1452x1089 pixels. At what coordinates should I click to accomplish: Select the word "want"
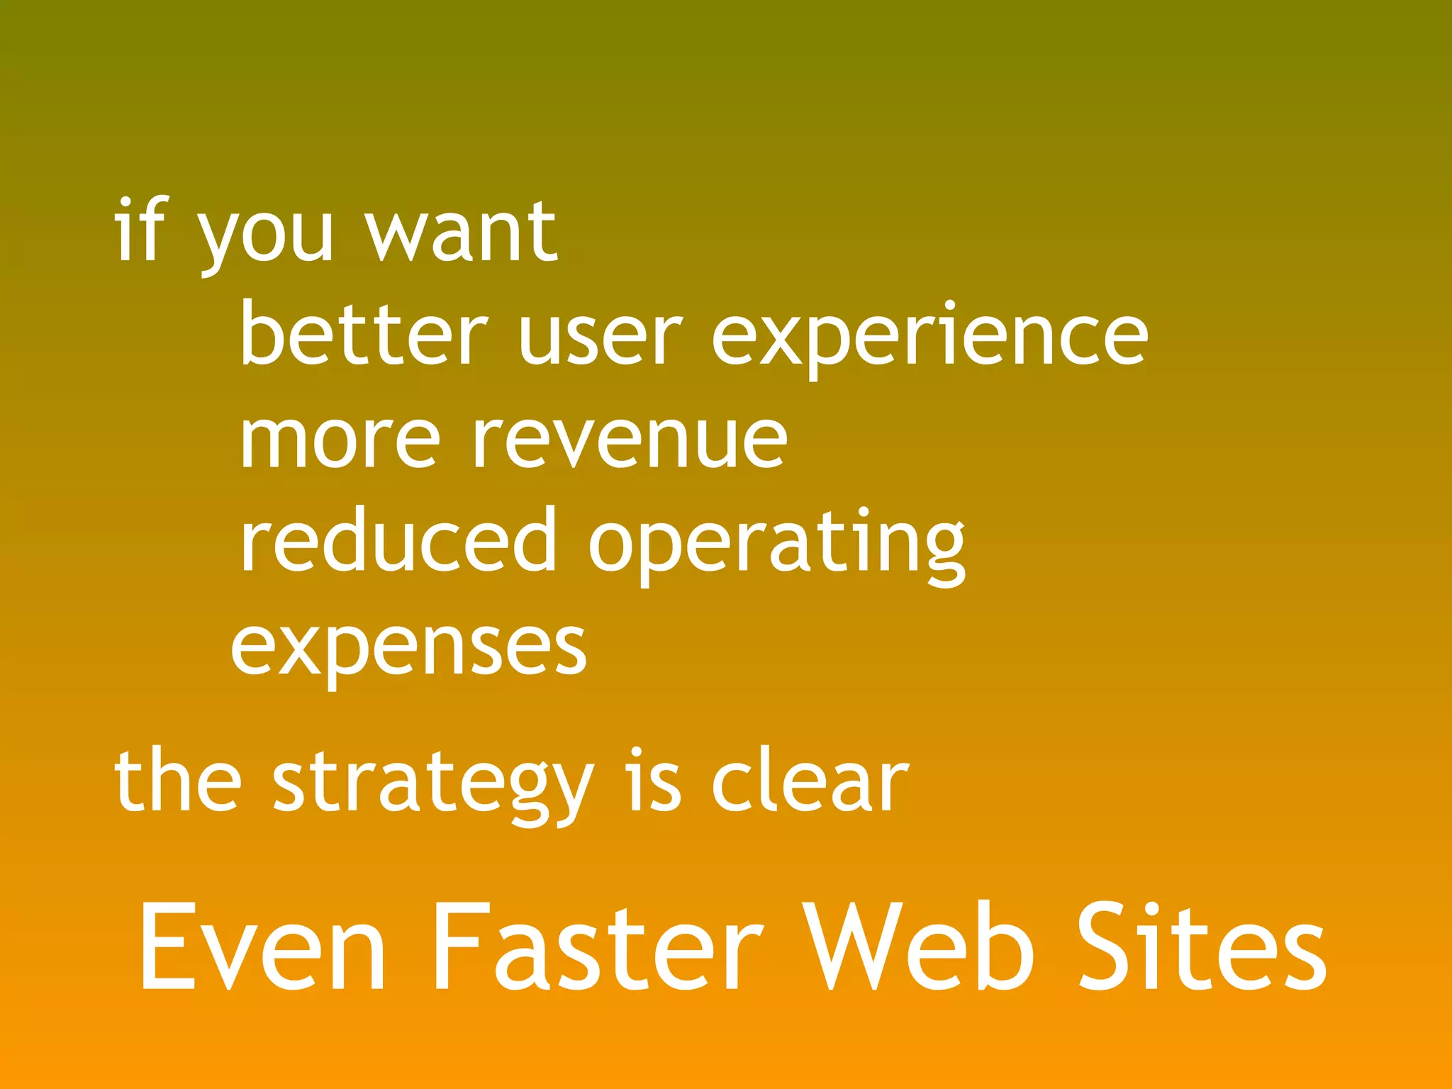click(461, 230)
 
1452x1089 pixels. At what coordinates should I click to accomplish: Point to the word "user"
click(600, 337)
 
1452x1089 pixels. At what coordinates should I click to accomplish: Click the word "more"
click(340, 440)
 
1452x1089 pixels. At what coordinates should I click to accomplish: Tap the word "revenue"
click(630, 440)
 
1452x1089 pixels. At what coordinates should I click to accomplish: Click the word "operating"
click(777, 545)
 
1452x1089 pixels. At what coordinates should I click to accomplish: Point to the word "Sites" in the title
click(1202, 947)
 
